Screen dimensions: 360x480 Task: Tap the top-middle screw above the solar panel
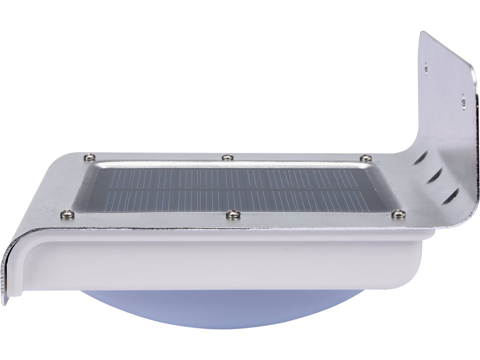227,157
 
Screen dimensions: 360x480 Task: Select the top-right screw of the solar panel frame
366,157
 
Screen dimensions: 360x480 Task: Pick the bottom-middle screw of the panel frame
233,213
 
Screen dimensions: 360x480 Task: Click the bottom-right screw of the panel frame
398,214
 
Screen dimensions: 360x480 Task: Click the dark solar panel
230,188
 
